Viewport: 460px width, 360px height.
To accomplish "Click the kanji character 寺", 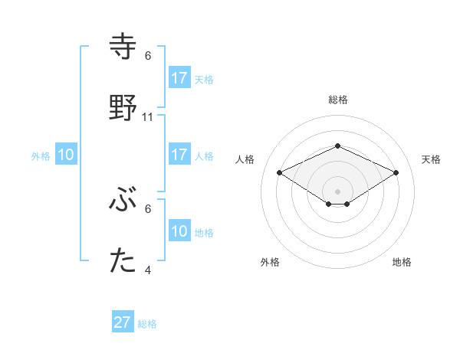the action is tap(123, 47).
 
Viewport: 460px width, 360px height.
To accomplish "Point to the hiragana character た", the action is tap(123, 261).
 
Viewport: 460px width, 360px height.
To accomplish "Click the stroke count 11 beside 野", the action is tap(148, 117).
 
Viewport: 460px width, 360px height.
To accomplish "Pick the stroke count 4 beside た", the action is tap(148, 270).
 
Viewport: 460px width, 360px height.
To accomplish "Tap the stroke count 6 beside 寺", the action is tap(148, 56).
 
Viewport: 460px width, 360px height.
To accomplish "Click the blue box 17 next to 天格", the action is tap(179, 78).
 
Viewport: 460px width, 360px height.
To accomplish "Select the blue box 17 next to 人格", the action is tap(179, 155).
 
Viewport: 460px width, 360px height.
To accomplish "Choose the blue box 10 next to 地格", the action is tap(179, 231).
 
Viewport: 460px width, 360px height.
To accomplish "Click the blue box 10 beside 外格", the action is tap(66, 155).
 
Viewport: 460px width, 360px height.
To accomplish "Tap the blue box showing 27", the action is tap(123, 322).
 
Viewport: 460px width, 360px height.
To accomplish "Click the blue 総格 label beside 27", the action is tap(147, 323).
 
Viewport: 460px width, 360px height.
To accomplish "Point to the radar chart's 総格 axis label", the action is tap(337, 100).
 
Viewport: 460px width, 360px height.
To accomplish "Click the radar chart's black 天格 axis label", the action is tap(432, 159).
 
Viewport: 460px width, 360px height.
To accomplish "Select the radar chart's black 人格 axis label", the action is tap(245, 159).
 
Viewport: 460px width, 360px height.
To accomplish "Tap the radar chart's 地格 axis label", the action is tap(402, 262).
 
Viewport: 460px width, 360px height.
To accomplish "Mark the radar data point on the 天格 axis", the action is tap(396, 172).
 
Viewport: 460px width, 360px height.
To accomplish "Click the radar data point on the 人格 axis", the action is tap(279, 172).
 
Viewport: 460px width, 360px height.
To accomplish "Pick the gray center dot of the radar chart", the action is tap(337, 191).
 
